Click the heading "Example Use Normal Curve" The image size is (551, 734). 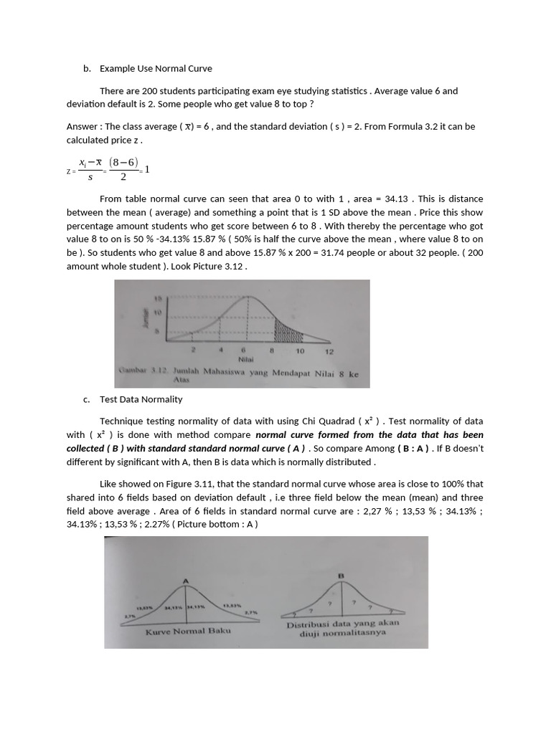156,69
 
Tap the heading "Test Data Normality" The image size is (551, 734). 141,399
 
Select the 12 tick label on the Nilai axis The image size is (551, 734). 329,351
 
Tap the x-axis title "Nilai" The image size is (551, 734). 246,360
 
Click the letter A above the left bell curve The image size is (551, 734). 186,580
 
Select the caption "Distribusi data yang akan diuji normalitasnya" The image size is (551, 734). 342,629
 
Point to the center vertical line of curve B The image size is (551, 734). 342,599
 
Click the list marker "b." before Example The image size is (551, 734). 87,69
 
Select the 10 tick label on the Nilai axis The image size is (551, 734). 300,351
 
